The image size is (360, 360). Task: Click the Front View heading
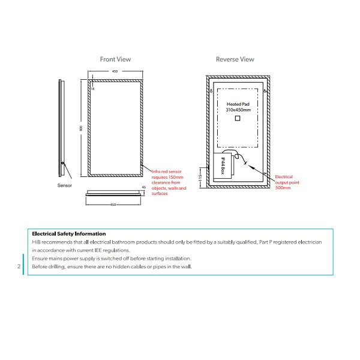pyautogui.click(x=115, y=59)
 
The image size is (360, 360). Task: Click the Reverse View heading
pyautogui.click(x=235, y=59)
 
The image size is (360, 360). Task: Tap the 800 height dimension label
pyautogui.click(x=81, y=128)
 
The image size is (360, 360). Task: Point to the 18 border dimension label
pyautogui.click(x=93, y=89)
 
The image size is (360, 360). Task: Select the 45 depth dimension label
pyautogui.click(x=144, y=187)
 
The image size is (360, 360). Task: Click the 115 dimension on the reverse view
pyautogui.click(x=200, y=178)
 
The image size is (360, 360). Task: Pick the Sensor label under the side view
pyautogui.click(x=65, y=185)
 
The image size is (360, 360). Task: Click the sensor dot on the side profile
pyautogui.click(x=62, y=163)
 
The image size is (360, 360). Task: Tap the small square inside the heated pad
pyautogui.click(x=238, y=118)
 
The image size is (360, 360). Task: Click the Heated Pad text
pyautogui.click(x=238, y=104)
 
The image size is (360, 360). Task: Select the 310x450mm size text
pyautogui.click(x=238, y=110)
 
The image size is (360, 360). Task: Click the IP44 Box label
pyautogui.click(x=223, y=166)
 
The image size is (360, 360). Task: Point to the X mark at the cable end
pyautogui.click(x=245, y=163)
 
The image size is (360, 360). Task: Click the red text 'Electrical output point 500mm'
pyautogui.click(x=287, y=182)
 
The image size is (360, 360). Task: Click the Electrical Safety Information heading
pyautogui.click(x=69, y=234)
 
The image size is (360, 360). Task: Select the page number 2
pyautogui.click(x=19, y=266)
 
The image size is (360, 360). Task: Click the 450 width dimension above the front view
pyautogui.click(x=115, y=71)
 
